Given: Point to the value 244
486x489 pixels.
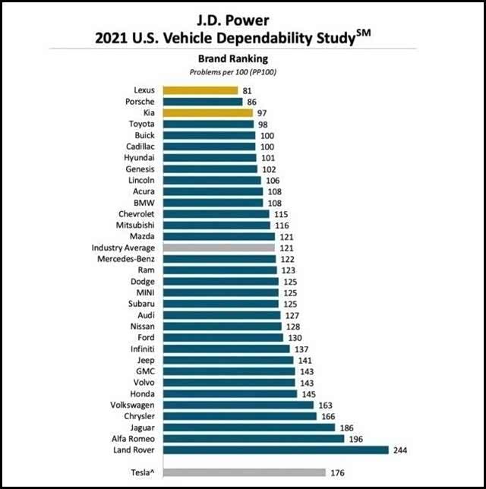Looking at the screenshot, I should pyautogui.click(x=399, y=450).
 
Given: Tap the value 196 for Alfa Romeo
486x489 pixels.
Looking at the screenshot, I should pyautogui.click(x=357, y=438).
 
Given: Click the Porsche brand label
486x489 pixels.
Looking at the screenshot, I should pyautogui.click(x=140, y=101).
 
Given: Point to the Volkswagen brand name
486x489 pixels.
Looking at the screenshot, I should pyautogui.click(x=132, y=405).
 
